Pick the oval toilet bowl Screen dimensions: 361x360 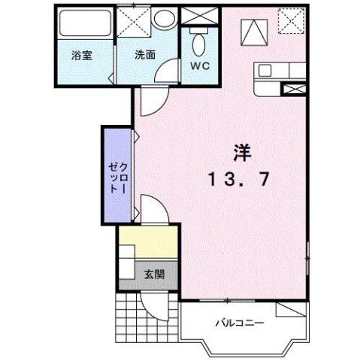click(198, 44)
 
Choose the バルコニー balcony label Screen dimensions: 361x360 click(240, 323)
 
